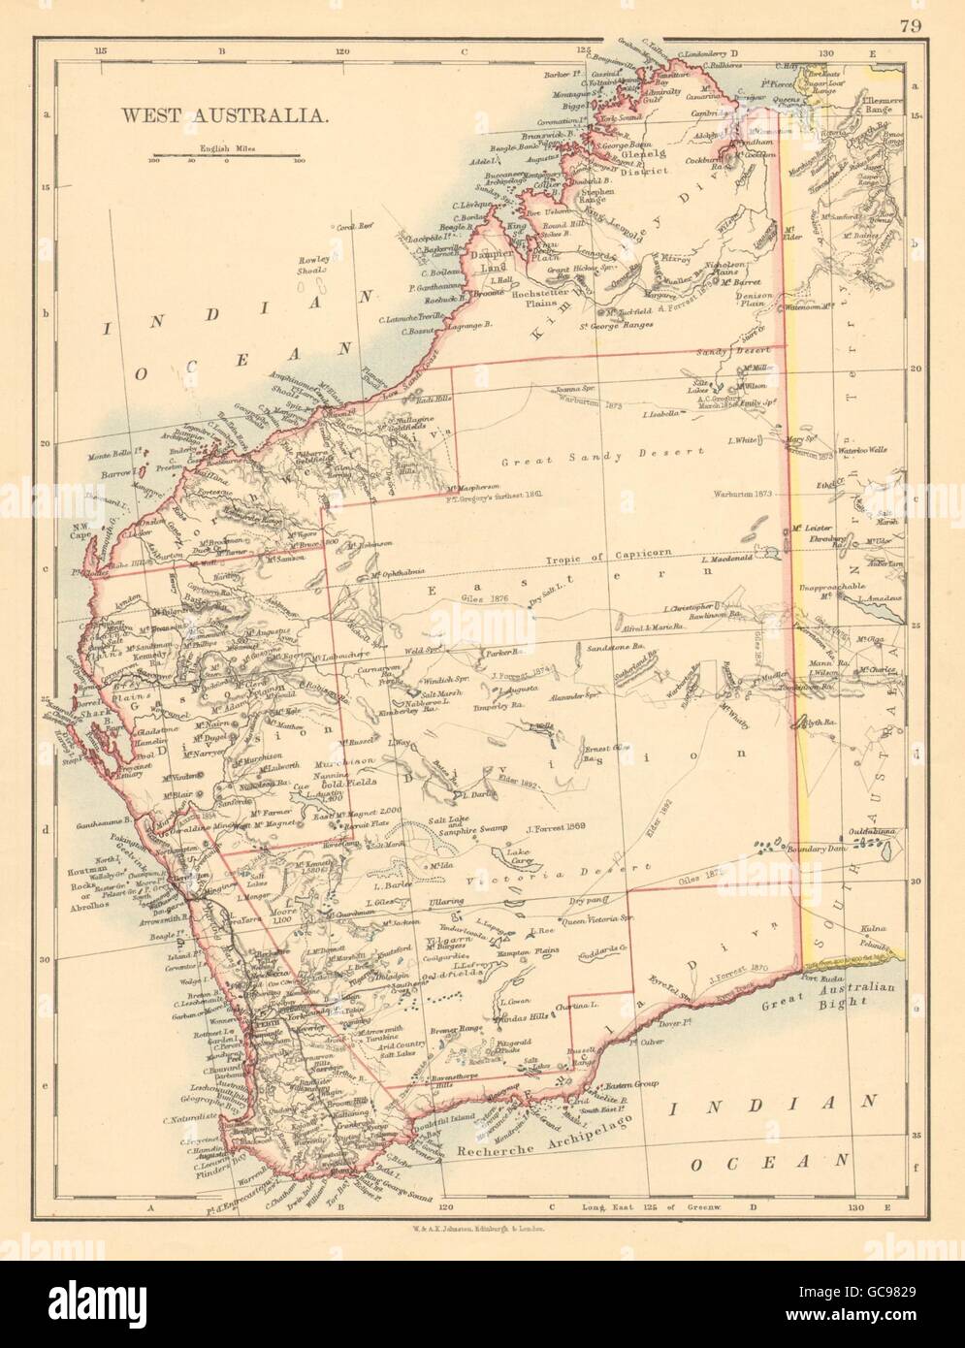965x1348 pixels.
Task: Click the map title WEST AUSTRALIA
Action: pyautogui.click(x=223, y=113)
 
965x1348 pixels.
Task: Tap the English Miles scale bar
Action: pyautogui.click(x=226, y=156)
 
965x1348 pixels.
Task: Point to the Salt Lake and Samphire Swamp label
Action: pyautogui.click(x=472, y=821)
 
